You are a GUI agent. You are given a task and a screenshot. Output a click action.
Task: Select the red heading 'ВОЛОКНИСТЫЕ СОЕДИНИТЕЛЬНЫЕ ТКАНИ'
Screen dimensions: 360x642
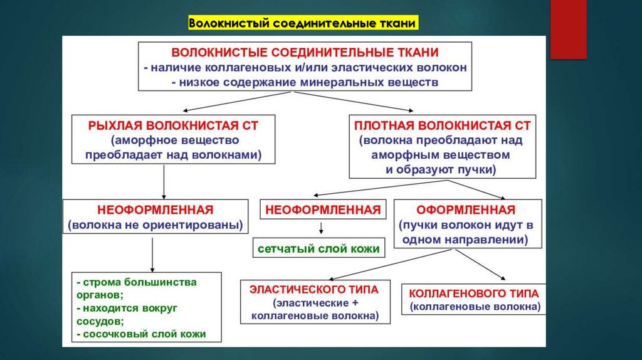pyautogui.click(x=305, y=52)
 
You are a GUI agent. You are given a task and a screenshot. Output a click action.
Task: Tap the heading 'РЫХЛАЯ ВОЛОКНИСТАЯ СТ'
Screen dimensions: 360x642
pyautogui.click(x=173, y=125)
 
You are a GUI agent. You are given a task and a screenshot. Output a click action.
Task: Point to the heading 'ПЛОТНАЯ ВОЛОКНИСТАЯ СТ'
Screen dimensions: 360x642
pyautogui.click(x=442, y=125)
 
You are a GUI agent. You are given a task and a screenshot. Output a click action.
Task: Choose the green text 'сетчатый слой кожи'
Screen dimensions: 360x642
pyautogui.click(x=318, y=249)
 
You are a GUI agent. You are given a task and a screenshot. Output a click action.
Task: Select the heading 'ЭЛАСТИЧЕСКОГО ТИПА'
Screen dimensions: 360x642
pyautogui.click(x=314, y=289)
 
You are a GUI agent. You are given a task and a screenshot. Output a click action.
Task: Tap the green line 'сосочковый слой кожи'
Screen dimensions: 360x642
pyautogui.click(x=142, y=334)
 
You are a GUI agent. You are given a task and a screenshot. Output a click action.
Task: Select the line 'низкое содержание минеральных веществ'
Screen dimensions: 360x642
pyautogui.click(x=305, y=82)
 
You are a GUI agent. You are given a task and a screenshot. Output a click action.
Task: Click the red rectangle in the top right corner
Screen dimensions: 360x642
pyautogui.click(x=568, y=29)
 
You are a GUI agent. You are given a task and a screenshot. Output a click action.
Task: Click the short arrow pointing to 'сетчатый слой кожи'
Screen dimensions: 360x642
pyautogui.click(x=321, y=228)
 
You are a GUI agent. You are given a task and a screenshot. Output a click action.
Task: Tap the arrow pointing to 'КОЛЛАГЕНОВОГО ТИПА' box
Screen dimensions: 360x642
pyautogui.click(x=483, y=264)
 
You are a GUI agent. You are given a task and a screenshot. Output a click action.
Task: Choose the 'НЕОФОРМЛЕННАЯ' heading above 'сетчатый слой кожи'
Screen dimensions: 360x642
pyautogui.click(x=323, y=209)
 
